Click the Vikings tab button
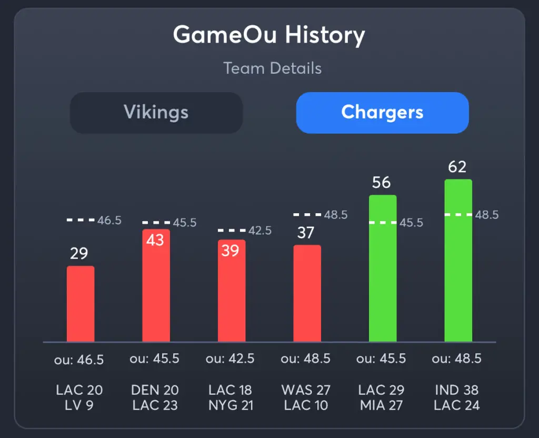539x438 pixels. click(x=156, y=112)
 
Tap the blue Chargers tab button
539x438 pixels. click(x=382, y=112)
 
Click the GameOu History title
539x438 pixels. click(x=269, y=36)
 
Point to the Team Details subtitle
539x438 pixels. click(x=272, y=68)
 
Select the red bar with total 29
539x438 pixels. click(x=81, y=304)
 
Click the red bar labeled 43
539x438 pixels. click(x=156, y=287)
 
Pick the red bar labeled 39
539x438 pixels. click(x=232, y=292)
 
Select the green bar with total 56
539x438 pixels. click(x=383, y=268)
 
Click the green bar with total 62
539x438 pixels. click(x=458, y=261)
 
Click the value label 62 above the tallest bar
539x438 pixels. click(x=457, y=167)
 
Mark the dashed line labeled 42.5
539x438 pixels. click(x=232, y=230)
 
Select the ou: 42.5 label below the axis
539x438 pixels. click(x=230, y=359)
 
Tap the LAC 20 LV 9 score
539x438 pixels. click(x=79, y=397)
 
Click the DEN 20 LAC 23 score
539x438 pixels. click(x=155, y=397)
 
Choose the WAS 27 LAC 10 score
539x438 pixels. click(x=306, y=397)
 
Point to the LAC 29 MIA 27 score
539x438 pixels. click(x=381, y=397)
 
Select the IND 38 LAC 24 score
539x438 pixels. click(x=456, y=397)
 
